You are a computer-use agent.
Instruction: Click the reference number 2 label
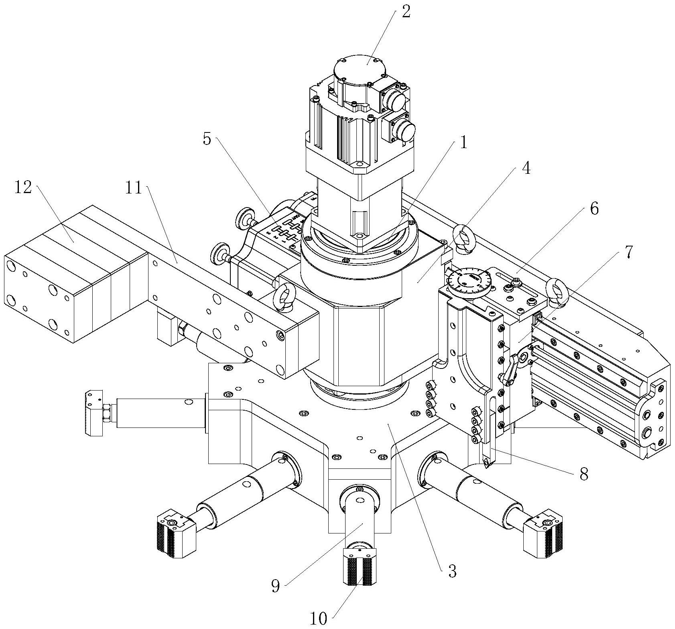tap(406, 12)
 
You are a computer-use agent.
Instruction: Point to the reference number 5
tap(207, 139)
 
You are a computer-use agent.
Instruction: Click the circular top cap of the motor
tap(357, 66)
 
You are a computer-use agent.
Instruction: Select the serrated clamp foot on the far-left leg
tap(93, 413)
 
